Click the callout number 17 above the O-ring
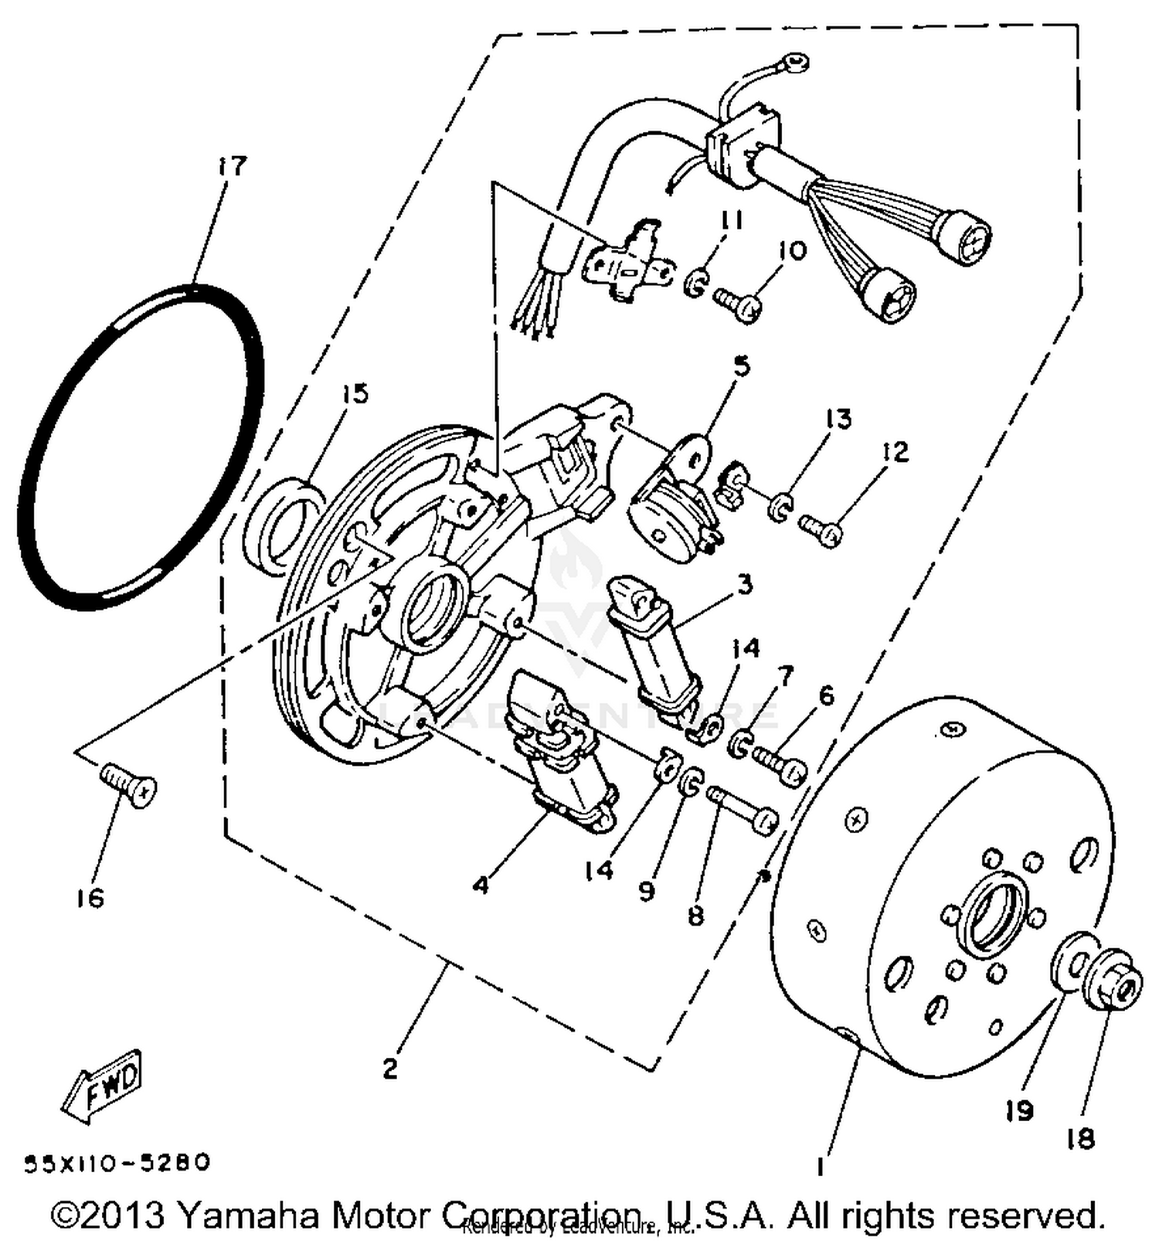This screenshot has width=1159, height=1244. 231,166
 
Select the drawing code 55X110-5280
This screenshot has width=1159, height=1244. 117,1163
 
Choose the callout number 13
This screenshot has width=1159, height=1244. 838,418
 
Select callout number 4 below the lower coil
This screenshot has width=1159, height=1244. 481,884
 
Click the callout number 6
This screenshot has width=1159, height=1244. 826,695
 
